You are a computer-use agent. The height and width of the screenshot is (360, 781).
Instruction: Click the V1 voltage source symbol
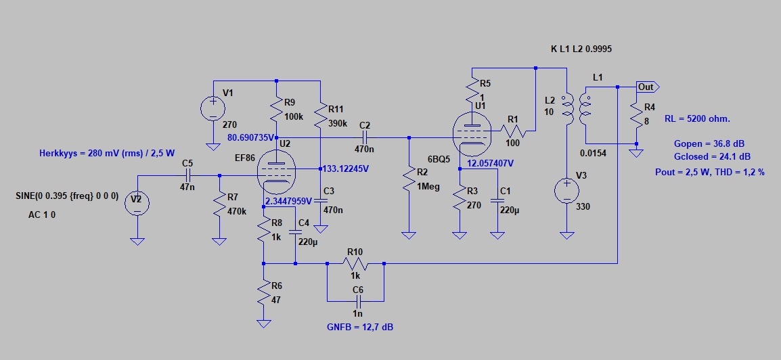click(213, 109)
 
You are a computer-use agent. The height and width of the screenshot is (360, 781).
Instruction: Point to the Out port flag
click(647, 87)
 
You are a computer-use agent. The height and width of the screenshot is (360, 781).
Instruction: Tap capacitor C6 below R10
click(356, 298)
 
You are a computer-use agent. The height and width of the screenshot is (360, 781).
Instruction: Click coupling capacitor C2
click(365, 137)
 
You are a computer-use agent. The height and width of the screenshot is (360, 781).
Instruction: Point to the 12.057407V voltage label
click(490, 163)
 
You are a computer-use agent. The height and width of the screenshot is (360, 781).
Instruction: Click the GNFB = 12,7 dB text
click(359, 328)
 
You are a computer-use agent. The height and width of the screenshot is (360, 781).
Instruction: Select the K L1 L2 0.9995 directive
click(582, 49)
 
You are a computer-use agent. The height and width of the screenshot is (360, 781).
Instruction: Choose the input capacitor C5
click(187, 175)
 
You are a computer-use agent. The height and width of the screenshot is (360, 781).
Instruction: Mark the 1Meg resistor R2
click(408, 180)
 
